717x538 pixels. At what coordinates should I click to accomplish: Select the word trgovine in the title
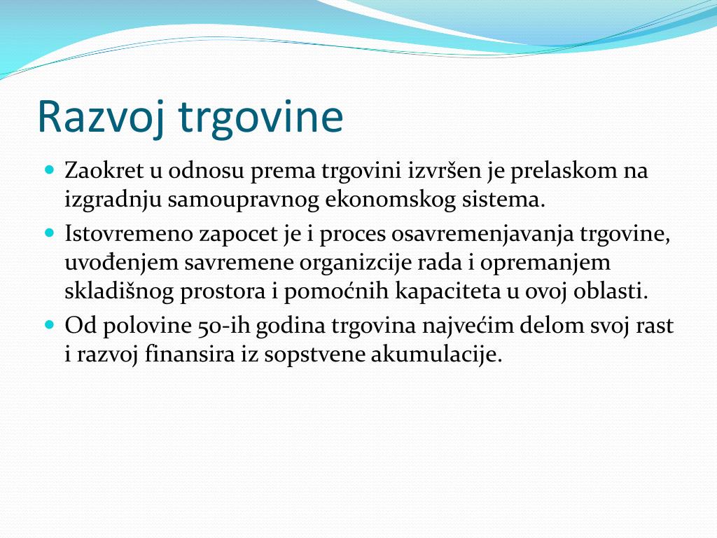260,117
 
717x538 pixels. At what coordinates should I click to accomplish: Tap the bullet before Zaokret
50,170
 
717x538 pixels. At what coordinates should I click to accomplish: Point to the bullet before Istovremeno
50,233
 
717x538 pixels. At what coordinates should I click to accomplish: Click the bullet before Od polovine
50,325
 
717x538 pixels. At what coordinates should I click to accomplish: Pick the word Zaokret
104,171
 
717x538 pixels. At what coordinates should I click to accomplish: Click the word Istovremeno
129,234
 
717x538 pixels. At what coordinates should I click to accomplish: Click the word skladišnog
119,292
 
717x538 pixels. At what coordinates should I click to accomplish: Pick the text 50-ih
225,326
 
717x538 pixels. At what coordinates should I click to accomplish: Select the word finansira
190,354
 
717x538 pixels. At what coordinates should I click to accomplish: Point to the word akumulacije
436,355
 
